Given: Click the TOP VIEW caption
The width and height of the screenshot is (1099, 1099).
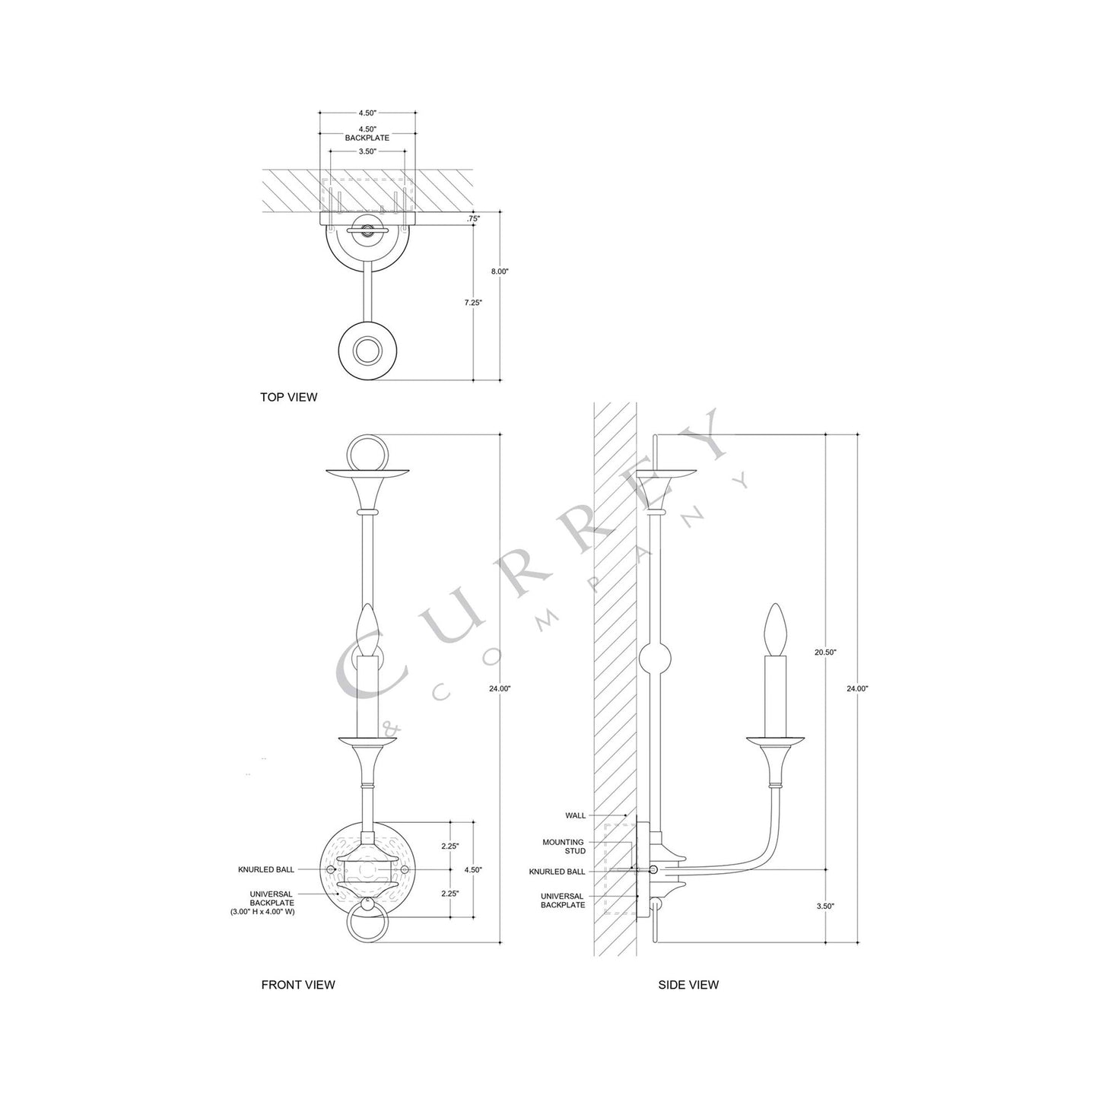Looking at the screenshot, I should click(x=288, y=397).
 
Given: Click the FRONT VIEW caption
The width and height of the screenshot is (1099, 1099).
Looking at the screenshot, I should click(x=297, y=984).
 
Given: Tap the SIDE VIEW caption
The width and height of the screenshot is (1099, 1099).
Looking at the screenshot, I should click(x=688, y=984).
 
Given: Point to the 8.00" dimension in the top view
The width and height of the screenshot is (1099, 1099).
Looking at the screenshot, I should click(x=499, y=271).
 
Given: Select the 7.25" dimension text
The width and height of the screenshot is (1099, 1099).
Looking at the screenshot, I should click(x=472, y=302).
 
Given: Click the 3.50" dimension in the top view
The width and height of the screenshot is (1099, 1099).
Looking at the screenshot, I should click(x=367, y=151).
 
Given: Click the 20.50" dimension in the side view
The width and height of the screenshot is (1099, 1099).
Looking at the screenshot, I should click(x=825, y=653).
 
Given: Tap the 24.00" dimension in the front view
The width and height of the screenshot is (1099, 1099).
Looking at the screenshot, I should click(x=500, y=688).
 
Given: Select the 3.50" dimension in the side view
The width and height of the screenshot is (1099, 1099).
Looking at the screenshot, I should click(x=825, y=906).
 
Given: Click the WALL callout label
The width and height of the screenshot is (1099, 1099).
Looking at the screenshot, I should click(x=576, y=815).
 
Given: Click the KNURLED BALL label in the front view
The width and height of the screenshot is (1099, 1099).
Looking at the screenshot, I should click(x=266, y=869).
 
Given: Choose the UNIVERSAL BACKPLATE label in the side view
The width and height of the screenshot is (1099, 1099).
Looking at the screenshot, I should click(x=563, y=900).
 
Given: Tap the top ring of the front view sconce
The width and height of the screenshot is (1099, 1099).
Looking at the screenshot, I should click(x=368, y=453).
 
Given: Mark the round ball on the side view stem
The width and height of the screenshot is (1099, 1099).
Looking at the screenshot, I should click(x=656, y=657).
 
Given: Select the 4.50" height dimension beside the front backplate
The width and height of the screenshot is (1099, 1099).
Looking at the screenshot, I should click(x=472, y=869).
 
